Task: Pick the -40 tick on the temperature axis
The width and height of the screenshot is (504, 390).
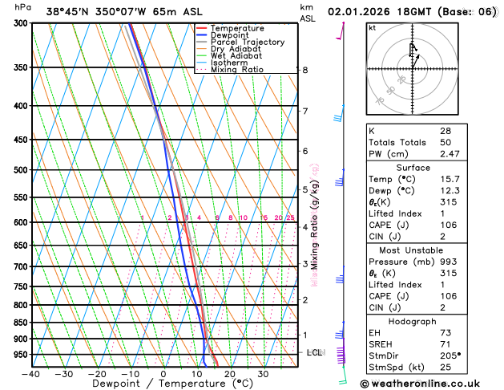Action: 30,374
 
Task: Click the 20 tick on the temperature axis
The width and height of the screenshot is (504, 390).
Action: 229,374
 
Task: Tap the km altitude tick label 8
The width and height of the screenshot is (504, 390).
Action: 305,71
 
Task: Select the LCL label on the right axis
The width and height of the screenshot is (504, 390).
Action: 315,353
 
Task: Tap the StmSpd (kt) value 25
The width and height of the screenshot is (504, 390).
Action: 446,367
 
